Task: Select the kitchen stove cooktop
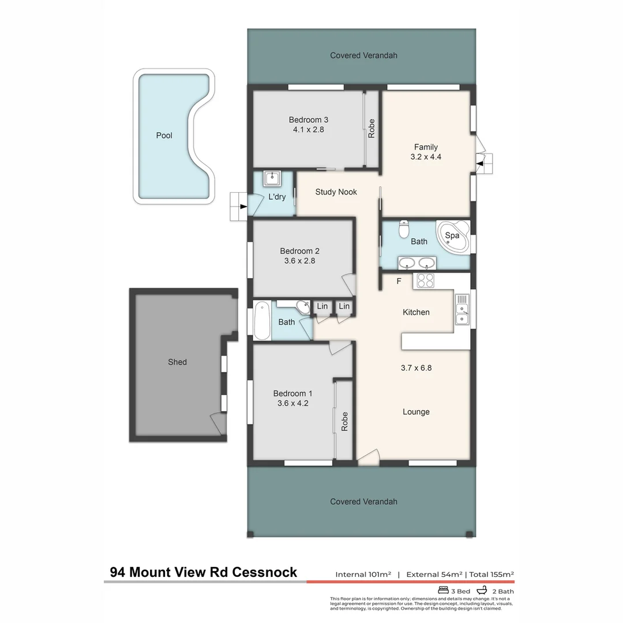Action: click(425, 281)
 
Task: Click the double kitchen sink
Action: click(462, 311)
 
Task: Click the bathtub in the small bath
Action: click(262, 321)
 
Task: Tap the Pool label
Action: click(164, 136)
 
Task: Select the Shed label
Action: click(177, 362)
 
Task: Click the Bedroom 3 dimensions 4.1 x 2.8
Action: click(309, 130)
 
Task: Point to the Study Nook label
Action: click(336, 192)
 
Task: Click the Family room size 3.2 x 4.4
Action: click(425, 156)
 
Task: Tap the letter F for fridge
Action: click(398, 282)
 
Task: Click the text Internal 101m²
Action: click(363, 575)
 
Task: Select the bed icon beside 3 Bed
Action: click(444, 591)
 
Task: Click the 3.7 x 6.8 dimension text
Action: click(416, 367)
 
